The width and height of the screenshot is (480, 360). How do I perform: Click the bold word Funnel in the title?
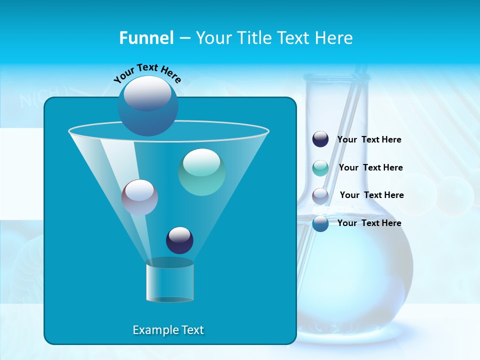(146, 38)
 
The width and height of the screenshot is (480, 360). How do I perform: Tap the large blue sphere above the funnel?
(148, 105)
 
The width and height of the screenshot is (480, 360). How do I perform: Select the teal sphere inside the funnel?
(201, 172)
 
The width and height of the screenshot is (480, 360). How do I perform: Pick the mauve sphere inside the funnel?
(139, 197)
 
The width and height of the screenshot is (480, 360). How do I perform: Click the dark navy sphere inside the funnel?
(179, 240)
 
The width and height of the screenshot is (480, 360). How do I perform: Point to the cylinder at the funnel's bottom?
(170, 280)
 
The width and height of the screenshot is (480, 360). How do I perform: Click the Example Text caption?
(168, 330)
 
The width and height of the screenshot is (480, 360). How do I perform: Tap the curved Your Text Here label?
(147, 73)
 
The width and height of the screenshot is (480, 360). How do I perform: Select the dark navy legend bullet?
(320, 139)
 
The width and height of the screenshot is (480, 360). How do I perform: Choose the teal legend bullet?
(320, 168)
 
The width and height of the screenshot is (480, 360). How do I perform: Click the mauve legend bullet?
(320, 196)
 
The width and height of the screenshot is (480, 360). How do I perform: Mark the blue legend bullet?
(320, 223)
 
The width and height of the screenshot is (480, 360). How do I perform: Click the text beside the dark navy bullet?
(369, 139)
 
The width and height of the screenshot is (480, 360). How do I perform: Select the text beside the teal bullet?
(370, 167)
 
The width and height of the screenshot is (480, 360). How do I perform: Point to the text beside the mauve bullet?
(371, 195)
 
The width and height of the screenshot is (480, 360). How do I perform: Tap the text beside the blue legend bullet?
(369, 223)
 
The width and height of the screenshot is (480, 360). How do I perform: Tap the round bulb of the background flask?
(355, 270)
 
